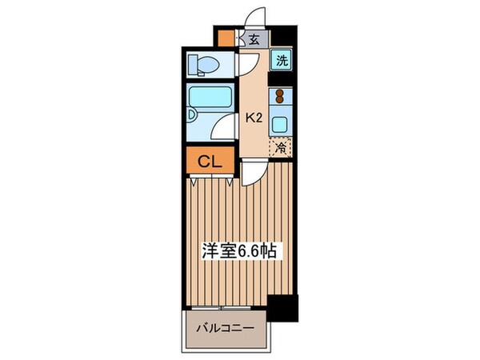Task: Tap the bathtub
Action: point(210,98)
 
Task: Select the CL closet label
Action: point(210,162)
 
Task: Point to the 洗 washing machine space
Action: point(282,58)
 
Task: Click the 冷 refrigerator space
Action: point(281,147)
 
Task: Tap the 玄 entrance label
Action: point(253,38)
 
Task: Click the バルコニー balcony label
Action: point(226,328)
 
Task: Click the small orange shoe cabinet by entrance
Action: point(226,38)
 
